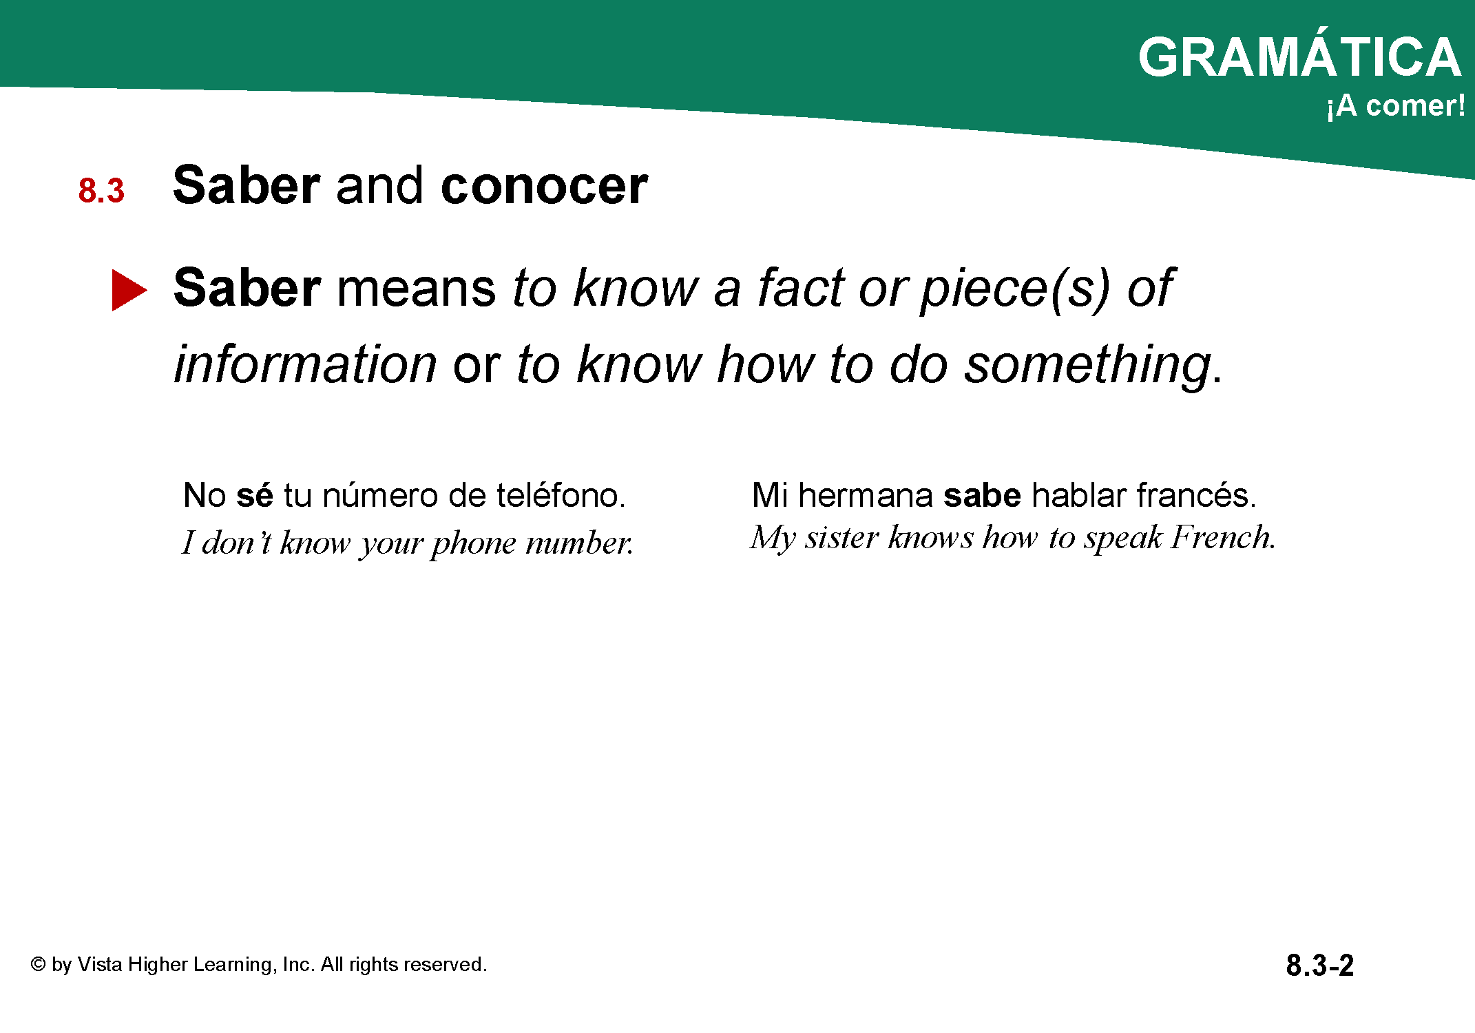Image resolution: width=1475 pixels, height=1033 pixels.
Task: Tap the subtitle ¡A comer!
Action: pyautogui.click(x=1396, y=106)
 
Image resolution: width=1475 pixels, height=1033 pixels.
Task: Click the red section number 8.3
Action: pyautogui.click(x=101, y=191)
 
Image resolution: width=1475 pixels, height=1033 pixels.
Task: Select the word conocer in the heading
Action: pyautogui.click(x=544, y=185)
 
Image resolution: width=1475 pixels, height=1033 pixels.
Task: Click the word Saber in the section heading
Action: pyautogui.click(x=247, y=185)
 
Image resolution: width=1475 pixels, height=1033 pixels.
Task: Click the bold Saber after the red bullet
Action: pyautogui.click(x=247, y=288)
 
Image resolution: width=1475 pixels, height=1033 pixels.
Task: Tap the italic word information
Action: pyautogui.click(x=305, y=364)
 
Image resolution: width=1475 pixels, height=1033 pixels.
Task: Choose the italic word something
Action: pyautogui.click(x=1088, y=366)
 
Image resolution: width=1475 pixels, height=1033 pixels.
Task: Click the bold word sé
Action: pyautogui.click(x=255, y=495)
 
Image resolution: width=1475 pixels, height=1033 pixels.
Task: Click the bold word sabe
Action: pyautogui.click(x=982, y=495)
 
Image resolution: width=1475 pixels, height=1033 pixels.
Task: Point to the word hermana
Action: pyautogui.click(x=866, y=495)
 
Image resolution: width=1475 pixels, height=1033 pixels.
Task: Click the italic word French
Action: pyautogui.click(x=1224, y=537)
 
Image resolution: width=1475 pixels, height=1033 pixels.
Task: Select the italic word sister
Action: pyautogui.click(x=841, y=538)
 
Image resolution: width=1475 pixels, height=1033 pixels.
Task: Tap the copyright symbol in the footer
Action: pyautogui.click(x=38, y=964)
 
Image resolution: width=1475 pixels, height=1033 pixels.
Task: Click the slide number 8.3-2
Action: pyautogui.click(x=1319, y=965)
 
